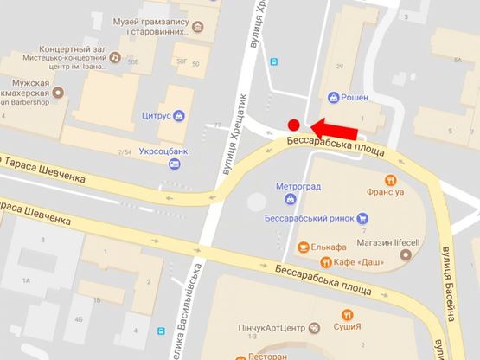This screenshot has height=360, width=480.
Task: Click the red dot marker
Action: [294, 125]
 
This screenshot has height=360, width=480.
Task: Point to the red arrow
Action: [332, 129]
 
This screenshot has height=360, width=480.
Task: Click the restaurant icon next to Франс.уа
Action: [391, 181]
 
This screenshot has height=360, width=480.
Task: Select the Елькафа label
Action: [328, 247]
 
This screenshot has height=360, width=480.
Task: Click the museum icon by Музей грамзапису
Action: [198, 27]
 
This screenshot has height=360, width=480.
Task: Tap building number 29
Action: [340, 67]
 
